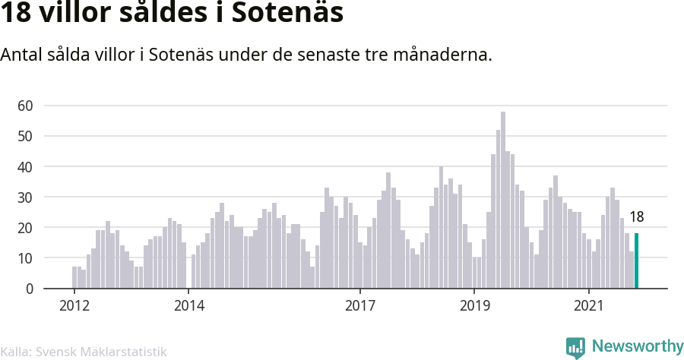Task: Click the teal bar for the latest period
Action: click(x=636, y=261)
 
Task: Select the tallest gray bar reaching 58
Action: click(x=503, y=200)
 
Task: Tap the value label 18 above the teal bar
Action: click(x=636, y=216)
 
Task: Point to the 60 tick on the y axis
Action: click(x=25, y=106)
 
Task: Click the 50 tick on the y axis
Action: click(x=25, y=136)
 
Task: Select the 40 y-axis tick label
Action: click(x=25, y=166)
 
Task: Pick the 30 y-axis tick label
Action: click(x=25, y=197)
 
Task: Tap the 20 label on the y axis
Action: click(x=25, y=228)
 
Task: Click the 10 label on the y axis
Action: click(x=25, y=258)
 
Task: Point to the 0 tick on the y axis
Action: click(x=29, y=289)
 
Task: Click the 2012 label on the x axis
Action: click(x=74, y=305)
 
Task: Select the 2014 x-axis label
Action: click(x=189, y=305)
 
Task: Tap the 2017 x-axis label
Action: click(x=360, y=305)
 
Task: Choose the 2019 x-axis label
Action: click(x=474, y=305)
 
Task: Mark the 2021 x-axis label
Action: click(x=589, y=305)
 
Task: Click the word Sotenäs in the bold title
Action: click(x=287, y=12)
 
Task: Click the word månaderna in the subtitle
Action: click(x=442, y=55)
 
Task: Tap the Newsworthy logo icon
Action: click(x=575, y=347)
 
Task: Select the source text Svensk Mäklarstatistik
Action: click(x=101, y=352)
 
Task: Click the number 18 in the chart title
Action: click(x=16, y=13)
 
